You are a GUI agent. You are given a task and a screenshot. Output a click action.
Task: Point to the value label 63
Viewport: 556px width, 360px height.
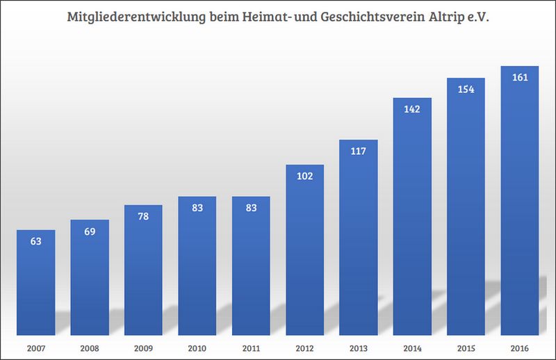point(35,242)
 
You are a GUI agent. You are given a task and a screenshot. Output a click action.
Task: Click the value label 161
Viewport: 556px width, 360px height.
point(520,77)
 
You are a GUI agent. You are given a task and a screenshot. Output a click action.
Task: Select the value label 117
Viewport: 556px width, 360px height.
point(359,152)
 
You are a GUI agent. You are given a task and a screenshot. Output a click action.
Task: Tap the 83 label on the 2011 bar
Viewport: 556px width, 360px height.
point(251,208)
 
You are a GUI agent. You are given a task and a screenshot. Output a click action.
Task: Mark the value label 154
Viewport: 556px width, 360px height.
point(466,90)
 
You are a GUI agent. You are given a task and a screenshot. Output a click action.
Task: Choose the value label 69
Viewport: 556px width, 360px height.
point(90,232)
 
